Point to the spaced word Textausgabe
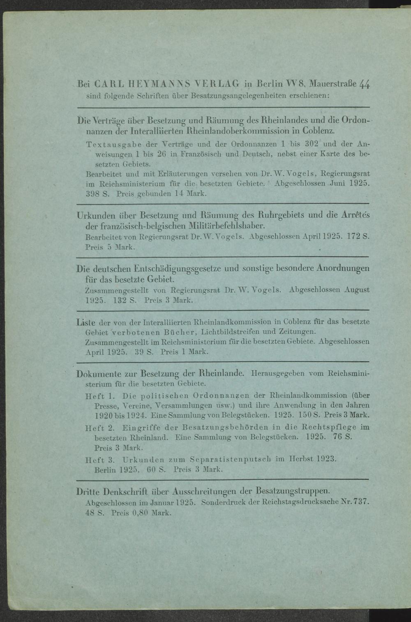[x=112, y=145]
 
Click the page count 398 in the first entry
[x=93, y=193]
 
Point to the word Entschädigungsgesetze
[x=178, y=269]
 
